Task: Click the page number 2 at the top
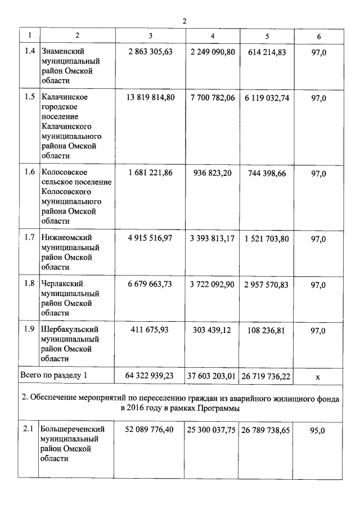pos(184,21)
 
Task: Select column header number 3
pos(150,36)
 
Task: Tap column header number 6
pos(319,36)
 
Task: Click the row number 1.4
pos(30,52)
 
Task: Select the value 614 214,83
pos(267,52)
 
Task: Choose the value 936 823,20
pos(212,173)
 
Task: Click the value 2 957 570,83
pos(267,285)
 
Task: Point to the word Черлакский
pos(62,284)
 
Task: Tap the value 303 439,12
pos(212,330)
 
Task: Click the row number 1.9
pos(30,330)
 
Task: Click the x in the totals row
pos(319,377)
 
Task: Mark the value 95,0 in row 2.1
pos(318,431)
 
